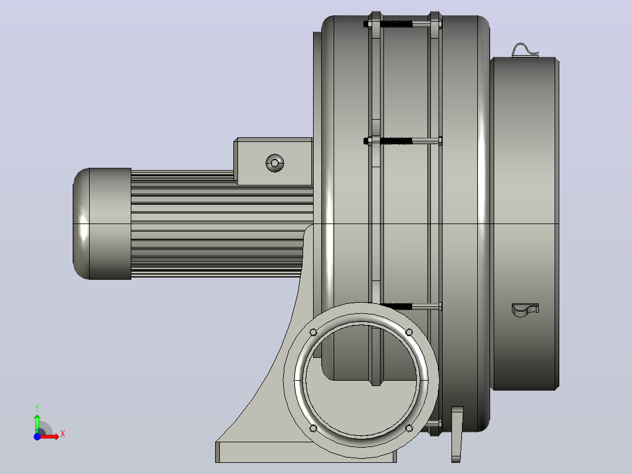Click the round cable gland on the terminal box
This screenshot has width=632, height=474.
[x=275, y=163]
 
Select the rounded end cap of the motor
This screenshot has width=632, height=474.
[x=102, y=224]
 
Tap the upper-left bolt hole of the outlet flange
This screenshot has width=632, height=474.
[x=313, y=332]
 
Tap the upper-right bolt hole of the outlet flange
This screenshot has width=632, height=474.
[x=409, y=332]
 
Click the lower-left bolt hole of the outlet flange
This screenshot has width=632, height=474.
[x=313, y=428]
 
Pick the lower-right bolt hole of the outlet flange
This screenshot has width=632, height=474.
[x=409, y=428]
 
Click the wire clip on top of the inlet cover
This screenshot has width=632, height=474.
[x=525, y=50]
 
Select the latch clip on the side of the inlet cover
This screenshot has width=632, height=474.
[x=525, y=310]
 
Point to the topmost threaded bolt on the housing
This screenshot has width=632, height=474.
[x=403, y=24]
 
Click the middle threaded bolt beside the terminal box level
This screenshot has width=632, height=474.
[x=403, y=141]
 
